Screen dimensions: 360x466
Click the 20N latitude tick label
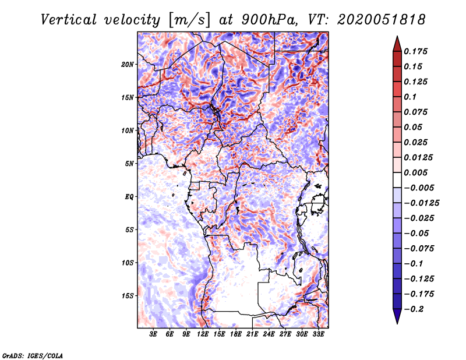tap(128, 64)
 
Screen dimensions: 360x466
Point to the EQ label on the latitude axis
tap(129, 197)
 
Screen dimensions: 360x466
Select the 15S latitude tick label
tap(128, 296)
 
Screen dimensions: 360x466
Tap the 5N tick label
tap(129, 164)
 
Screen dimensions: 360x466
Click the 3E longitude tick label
tap(154, 334)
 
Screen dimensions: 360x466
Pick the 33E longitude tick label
tap(318, 334)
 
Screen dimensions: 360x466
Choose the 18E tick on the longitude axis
tap(236, 334)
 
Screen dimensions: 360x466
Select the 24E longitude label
tap(269, 334)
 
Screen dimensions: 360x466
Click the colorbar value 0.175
tap(416, 51)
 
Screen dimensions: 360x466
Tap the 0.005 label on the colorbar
tap(416, 172)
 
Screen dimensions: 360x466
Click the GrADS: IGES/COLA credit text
tap(32, 355)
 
